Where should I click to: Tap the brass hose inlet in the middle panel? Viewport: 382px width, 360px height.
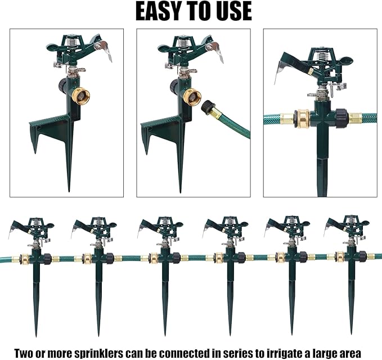pyautogui.click(x=192, y=96)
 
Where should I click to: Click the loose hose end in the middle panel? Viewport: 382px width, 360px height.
pyautogui.click(x=212, y=110)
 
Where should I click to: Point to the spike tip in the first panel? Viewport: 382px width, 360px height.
pyautogui.click(x=69, y=188)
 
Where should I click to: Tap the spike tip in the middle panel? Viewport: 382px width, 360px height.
pyautogui.click(x=181, y=188)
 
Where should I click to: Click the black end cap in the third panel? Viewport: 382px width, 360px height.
pyautogui.click(x=342, y=119)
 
